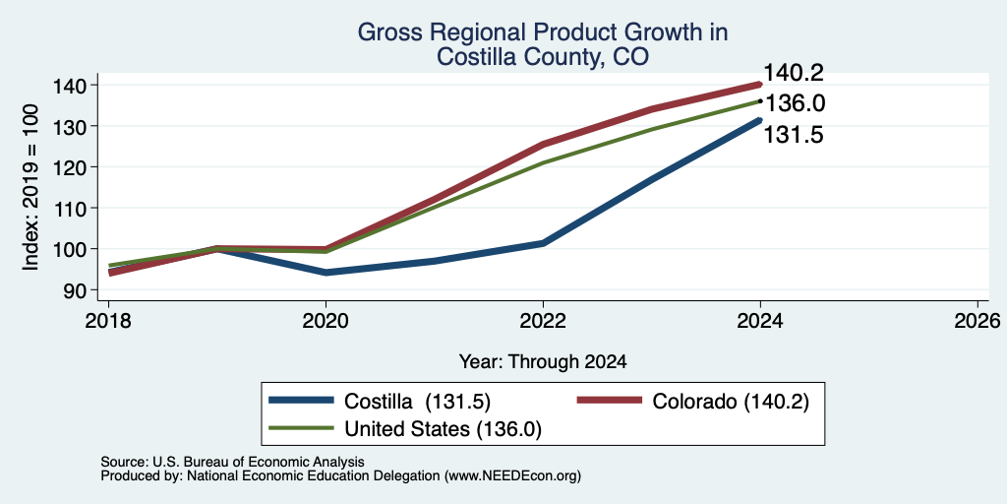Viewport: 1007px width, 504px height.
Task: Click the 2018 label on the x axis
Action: click(x=108, y=320)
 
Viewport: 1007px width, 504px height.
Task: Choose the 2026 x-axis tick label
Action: click(x=977, y=320)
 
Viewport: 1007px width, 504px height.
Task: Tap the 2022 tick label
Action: click(x=543, y=320)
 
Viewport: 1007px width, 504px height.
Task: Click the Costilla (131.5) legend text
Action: click(x=417, y=402)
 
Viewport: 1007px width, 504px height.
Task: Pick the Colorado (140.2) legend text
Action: click(x=731, y=402)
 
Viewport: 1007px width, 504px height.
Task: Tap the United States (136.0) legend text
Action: click(x=444, y=429)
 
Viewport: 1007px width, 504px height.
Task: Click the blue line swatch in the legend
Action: click(x=301, y=401)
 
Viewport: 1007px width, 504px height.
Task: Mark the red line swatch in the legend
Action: click(x=610, y=401)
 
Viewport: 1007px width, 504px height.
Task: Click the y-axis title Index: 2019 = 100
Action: click(x=30, y=187)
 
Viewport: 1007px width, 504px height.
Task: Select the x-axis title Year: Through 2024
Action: click(x=543, y=362)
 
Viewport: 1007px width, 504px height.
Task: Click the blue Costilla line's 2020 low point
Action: click(x=326, y=273)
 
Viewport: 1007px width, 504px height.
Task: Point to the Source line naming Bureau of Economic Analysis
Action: click(x=233, y=462)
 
